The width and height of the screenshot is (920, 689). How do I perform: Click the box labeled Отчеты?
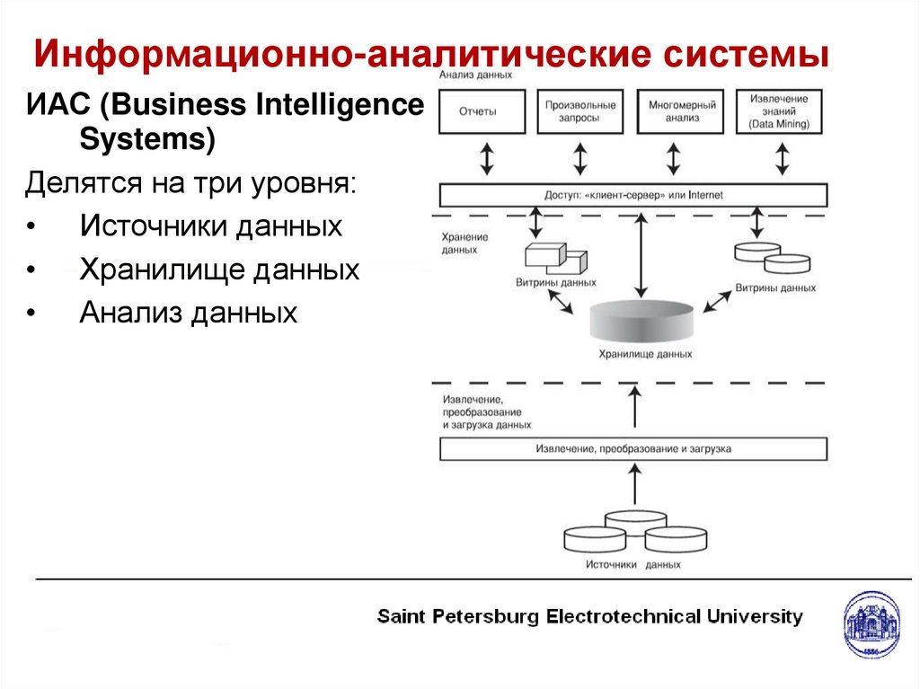483,112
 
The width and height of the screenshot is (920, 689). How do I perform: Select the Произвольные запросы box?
581,112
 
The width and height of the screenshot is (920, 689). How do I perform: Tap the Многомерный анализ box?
680,112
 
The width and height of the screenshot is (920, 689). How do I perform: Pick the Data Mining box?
779,112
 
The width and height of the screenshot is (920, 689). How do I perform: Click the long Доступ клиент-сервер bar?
633,195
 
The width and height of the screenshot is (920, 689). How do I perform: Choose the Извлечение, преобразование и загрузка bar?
633,448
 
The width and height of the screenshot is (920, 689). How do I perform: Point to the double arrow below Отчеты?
486,157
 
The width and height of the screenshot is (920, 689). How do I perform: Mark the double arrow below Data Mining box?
783,157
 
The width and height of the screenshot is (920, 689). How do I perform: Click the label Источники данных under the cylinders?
632,565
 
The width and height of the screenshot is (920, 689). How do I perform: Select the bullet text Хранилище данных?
219,269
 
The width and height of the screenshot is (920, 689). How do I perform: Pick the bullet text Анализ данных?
188,313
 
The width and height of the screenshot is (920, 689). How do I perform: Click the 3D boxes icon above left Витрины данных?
555,258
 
